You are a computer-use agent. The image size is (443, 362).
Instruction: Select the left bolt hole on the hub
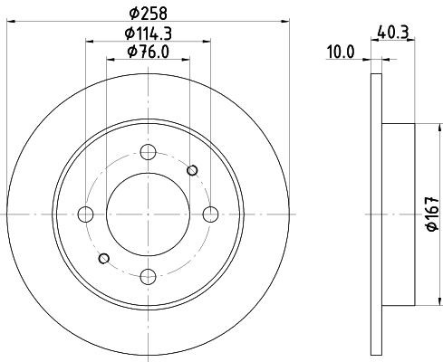pos(86,214)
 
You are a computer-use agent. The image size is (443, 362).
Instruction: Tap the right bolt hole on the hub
pos(211,214)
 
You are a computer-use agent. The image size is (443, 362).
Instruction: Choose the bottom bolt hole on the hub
pos(149,276)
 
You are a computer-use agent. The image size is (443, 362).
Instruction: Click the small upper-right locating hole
pos(191,170)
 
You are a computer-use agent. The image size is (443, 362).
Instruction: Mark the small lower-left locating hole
pos(105,258)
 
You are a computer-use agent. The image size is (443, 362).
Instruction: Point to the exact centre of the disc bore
pos(149,214)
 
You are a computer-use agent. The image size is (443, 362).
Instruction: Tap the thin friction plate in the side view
pos(376,214)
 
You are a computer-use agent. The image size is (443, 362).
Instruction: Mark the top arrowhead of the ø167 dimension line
pos(419,127)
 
